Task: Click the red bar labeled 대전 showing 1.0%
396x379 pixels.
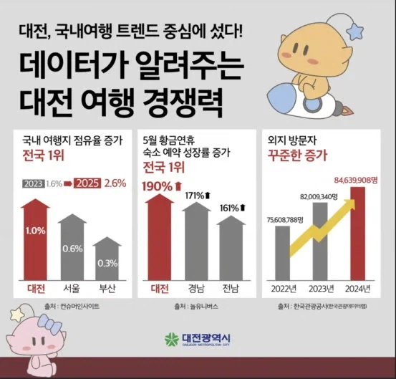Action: coord(37,240)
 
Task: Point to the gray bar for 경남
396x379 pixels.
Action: coord(195,244)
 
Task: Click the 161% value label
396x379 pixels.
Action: coord(229,208)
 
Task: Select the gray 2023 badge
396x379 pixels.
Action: coord(33,183)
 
